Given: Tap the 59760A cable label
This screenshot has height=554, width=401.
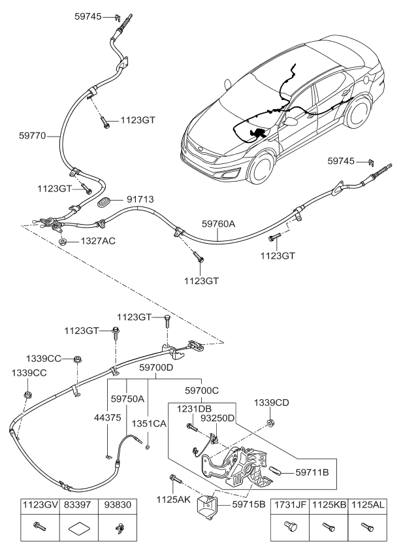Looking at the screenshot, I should pos(218,224).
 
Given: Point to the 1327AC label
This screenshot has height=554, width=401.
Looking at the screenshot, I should pos(97,241).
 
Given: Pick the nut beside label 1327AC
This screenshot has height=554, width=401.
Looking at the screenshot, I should pos(63,242).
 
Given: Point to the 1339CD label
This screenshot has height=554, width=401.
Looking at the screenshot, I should pos(272,403).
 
